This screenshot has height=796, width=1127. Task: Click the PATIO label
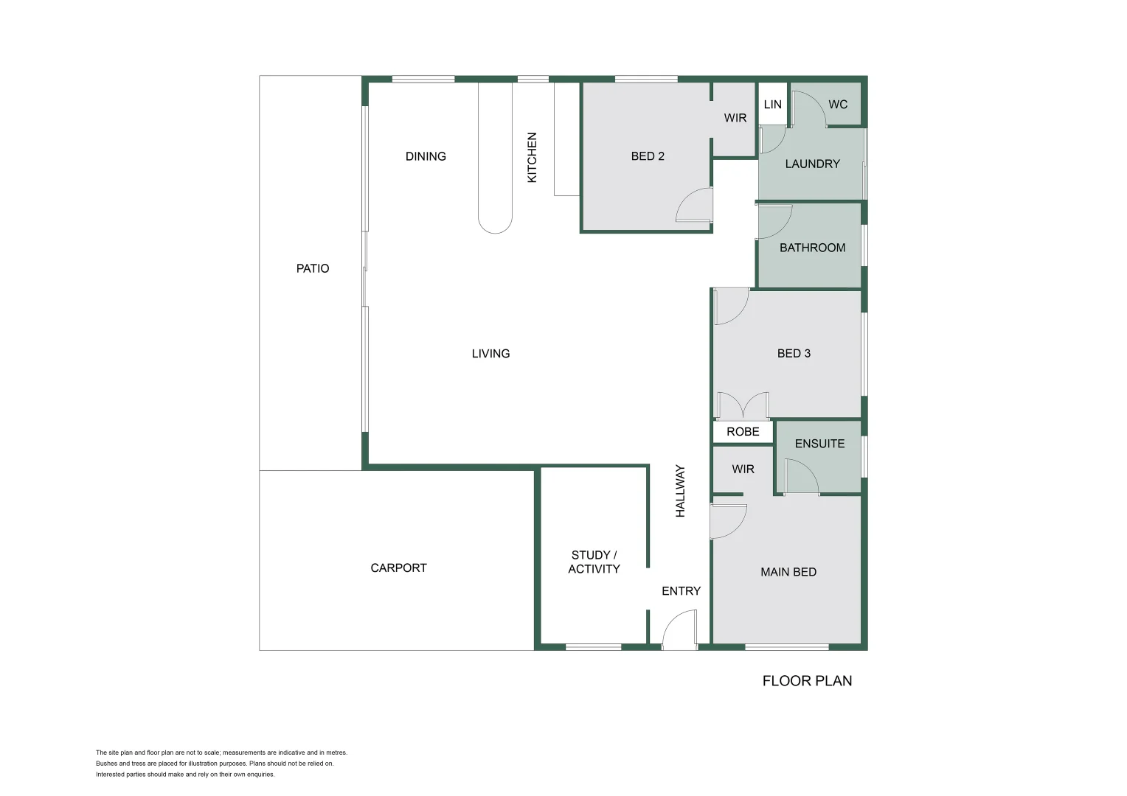[313, 268]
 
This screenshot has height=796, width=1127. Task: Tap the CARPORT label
[398, 568]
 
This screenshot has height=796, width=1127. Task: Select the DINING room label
[426, 156]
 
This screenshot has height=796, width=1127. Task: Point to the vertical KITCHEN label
[532, 157]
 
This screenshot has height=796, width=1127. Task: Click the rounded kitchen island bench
[495, 158]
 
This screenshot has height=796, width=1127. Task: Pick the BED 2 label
[648, 156]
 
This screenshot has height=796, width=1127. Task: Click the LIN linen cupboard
[772, 105]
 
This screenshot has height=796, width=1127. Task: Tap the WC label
[838, 105]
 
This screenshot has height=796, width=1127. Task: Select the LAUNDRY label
[812, 164]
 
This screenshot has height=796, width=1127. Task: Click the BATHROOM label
[812, 248]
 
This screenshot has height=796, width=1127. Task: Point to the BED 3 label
[794, 353]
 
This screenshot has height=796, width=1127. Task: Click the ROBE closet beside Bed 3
[743, 432]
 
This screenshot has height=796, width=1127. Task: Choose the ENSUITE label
[819, 444]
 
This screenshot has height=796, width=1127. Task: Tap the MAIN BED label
[788, 572]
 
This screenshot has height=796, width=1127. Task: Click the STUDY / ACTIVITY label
[594, 562]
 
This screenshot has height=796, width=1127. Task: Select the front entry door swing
[680, 630]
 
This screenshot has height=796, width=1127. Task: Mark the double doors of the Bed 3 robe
[743, 406]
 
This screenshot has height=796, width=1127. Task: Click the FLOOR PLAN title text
[807, 681]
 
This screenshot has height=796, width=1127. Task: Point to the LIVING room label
[490, 354]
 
